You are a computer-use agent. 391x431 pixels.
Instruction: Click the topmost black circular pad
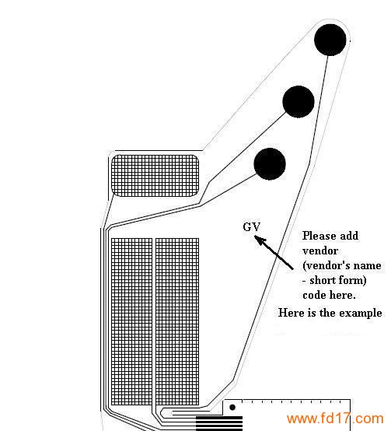pos(330,40)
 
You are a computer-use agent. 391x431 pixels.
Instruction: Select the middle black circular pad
pos(298,102)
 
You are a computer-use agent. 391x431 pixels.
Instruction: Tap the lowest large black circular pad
pos(270,164)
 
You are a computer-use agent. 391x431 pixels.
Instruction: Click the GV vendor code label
pos(252,227)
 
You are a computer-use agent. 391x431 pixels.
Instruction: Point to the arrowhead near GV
pos(259,240)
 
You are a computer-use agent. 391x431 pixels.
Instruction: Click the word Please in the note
pos(319,236)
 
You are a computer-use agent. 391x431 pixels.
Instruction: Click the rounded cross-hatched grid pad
pos(155,175)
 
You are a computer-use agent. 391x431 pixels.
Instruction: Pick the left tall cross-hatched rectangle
pos(131,321)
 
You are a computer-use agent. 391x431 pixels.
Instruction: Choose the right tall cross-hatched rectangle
pos(177,321)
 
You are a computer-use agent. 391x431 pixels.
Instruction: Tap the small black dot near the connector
pos(232,407)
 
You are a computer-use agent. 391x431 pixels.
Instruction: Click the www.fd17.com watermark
pos(335,419)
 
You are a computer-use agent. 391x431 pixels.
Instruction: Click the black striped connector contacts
pos(219,423)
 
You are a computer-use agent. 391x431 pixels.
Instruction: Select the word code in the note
pos(314,295)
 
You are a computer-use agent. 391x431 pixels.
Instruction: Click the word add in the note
pos(349,236)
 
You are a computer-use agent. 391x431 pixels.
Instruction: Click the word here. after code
pos(342,295)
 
